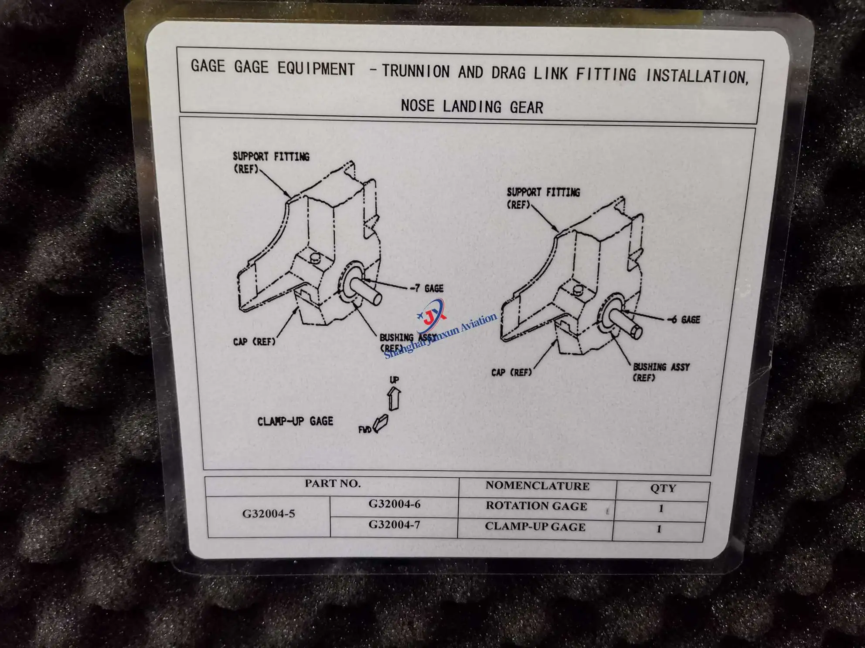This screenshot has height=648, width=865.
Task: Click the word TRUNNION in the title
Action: pyautogui.click(x=415, y=71)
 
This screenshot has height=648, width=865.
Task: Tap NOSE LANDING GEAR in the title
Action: pyautogui.click(x=472, y=106)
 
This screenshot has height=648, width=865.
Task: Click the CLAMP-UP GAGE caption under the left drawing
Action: pyautogui.click(x=295, y=421)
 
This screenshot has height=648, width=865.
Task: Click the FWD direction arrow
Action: pyautogui.click(x=381, y=423)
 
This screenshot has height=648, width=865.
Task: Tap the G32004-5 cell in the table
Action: pyautogui.click(x=269, y=514)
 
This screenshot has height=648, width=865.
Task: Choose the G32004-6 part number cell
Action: pyautogui.click(x=395, y=504)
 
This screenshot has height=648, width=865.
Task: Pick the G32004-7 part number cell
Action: pyautogui.click(x=395, y=524)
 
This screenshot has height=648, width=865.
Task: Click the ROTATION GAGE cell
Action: pyautogui.click(x=536, y=506)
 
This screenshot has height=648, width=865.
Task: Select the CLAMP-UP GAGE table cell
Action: pyautogui.click(x=535, y=526)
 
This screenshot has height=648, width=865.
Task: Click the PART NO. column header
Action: pyautogui.click(x=333, y=483)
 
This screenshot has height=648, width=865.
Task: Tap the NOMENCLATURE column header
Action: pyautogui.click(x=538, y=486)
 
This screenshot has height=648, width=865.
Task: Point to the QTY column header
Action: pyautogui.click(x=663, y=488)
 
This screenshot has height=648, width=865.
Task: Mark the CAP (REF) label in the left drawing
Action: pyautogui.click(x=255, y=341)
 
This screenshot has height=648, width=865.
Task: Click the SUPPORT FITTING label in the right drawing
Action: pyautogui.click(x=543, y=198)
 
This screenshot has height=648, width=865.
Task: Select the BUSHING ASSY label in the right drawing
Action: pyautogui.click(x=661, y=372)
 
